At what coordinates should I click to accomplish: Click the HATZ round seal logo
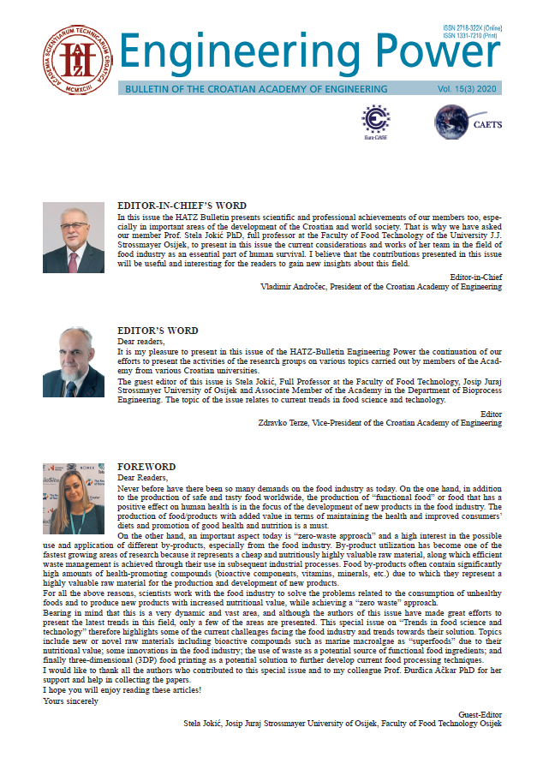(x=76, y=59)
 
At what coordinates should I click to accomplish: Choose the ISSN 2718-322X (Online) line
(x=472, y=27)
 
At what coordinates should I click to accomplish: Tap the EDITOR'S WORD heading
(x=158, y=331)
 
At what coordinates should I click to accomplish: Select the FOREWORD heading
(x=146, y=467)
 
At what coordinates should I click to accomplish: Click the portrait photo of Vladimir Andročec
(x=74, y=237)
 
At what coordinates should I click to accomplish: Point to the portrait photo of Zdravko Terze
(x=74, y=361)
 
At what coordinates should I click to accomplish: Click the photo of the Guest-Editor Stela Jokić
(x=74, y=498)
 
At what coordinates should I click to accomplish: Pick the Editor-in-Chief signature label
(x=475, y=277)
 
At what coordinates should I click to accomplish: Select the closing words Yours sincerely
(x=70, y=701)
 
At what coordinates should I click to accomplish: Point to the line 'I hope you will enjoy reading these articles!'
(x=116, y=692)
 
